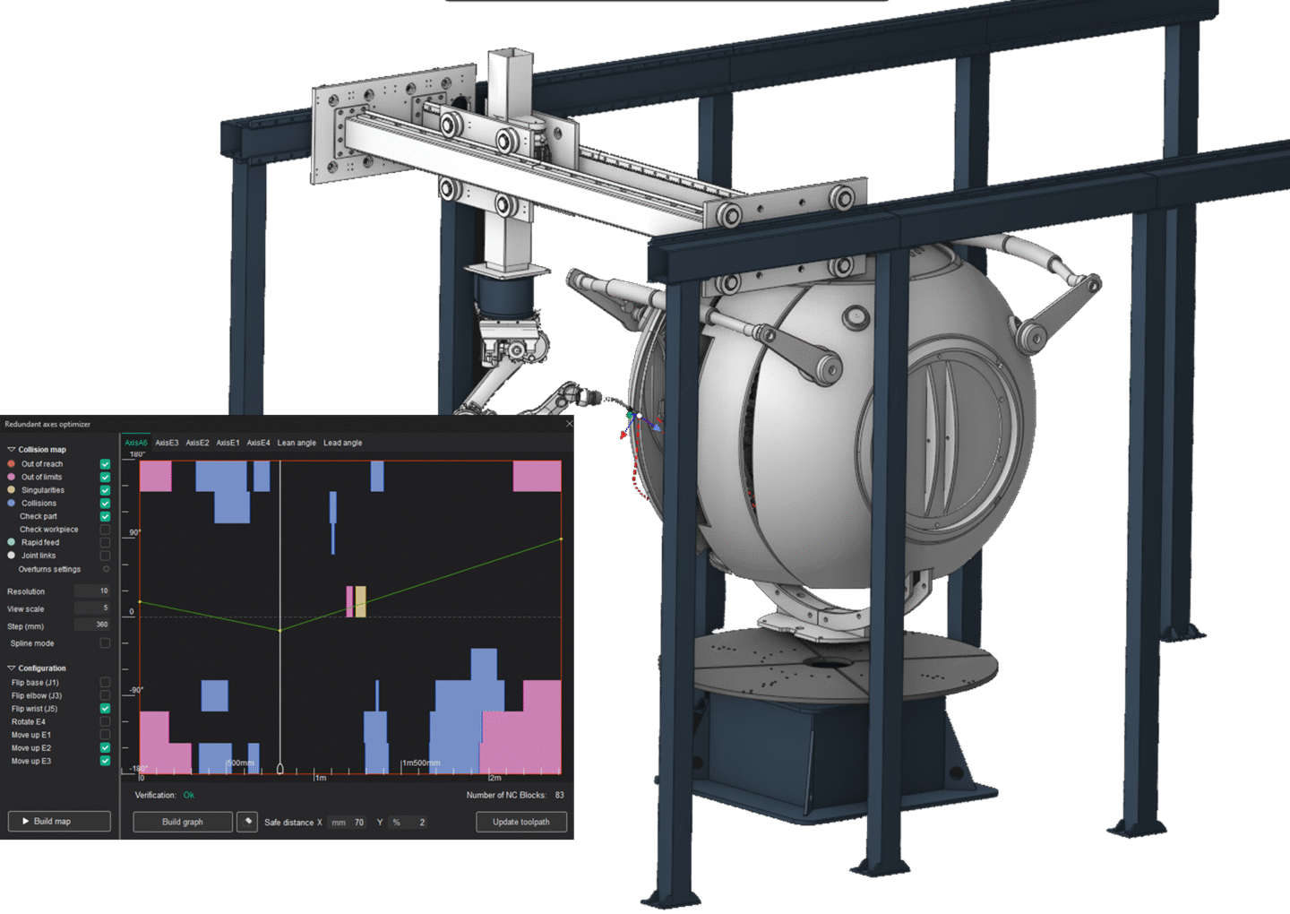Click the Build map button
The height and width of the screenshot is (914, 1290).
coord(59,821)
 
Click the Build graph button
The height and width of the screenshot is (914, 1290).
coord(183,822)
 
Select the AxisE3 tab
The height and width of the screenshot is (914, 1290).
coord(167,443)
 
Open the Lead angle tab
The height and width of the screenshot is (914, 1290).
coord(342,443)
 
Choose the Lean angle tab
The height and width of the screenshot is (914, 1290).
coord(297,443)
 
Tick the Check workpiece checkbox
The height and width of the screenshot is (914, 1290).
coord(105,530)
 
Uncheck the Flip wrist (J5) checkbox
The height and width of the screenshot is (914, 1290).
coord(105,709)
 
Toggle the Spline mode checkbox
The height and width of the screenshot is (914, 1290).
coord(105,643)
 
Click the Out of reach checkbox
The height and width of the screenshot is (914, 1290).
coord(105,464)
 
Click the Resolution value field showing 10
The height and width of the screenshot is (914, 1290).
coord(92,591)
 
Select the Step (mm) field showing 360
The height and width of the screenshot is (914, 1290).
coord(92,625)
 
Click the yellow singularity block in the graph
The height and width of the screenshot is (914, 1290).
coord(360,601)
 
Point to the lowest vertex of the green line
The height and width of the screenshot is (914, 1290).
coord(280,630)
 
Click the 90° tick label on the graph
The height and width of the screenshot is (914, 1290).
coord(134,533)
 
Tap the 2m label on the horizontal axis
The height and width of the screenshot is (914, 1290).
coord(495,778)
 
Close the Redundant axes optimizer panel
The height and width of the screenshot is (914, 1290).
coord(569,424)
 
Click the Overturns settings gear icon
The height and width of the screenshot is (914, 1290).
coord(106,569)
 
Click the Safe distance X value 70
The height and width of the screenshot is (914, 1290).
coord(358,823)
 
